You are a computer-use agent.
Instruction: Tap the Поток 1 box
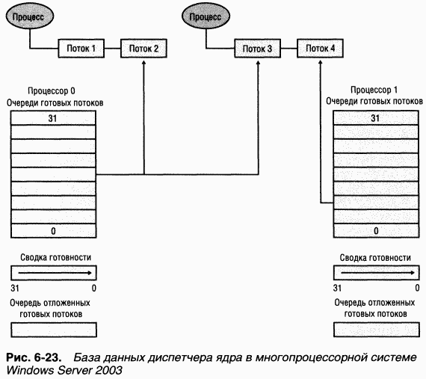point(81,49)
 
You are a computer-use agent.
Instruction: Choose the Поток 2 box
point(144,49)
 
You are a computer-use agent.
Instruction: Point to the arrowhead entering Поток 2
point(142,62)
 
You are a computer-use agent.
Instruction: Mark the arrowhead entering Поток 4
point(321,62)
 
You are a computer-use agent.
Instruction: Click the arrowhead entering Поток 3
point(258,62)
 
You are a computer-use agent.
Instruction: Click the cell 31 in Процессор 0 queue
point(53,118)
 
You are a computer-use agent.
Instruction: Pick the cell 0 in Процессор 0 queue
point(53,230)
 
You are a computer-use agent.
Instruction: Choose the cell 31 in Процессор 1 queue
point(374,118)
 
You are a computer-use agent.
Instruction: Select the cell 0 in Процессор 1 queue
point(374,230)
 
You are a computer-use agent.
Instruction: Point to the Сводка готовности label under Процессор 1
point(374,257)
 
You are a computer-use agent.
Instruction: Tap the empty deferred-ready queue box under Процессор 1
point(374,330)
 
